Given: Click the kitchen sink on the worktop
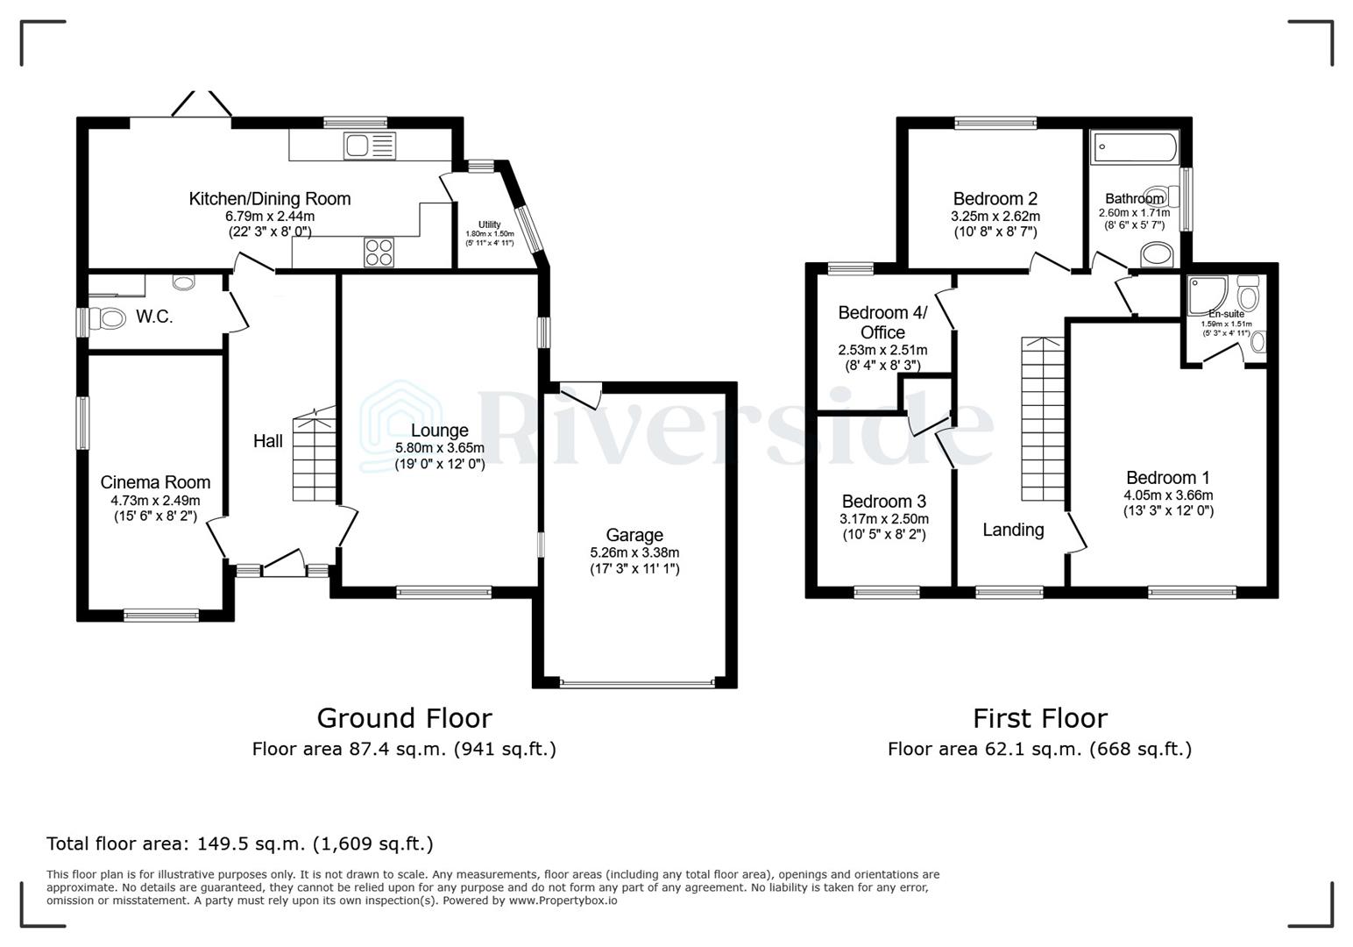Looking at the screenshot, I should [x=370, y=146].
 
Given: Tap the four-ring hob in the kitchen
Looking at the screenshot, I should [x=379, y=253].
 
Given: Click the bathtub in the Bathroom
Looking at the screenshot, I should [x=1135, y=147].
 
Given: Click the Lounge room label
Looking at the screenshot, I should [x=439, y=431].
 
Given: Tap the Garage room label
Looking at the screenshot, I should [x=634, y=535].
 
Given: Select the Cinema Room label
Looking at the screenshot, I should [x=155, y=482].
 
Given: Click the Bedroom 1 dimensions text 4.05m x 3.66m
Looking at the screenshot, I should [x=1168, y=495].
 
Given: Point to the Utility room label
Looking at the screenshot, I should [x=489, y=224].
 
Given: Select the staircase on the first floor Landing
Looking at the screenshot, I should [x=1043, y=421].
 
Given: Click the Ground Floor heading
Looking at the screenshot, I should [x=404, y=718].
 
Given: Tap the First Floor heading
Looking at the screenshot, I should [x=1039, y=718].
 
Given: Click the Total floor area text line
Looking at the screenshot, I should [x=239, y=844].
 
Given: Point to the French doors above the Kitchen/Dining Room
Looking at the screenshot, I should [x=202, y=105].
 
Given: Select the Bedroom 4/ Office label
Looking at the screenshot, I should [x=882, y=323].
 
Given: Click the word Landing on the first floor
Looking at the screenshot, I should [x=1013, y=530].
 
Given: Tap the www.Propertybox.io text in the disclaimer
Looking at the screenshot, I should [x=563, y=901].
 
